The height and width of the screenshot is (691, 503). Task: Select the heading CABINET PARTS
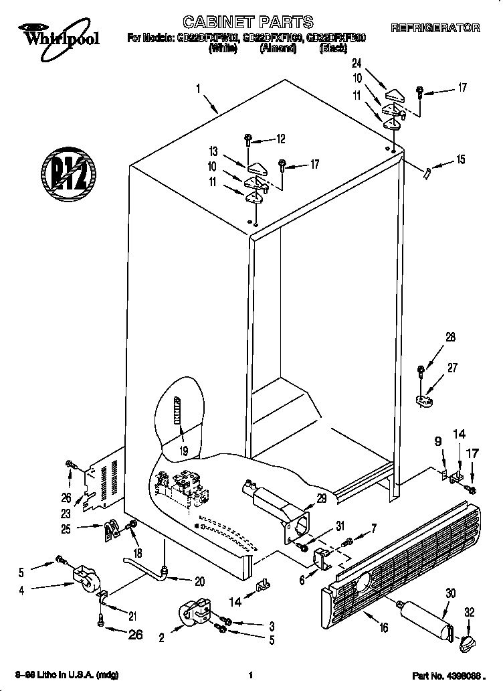[x=238, y=22]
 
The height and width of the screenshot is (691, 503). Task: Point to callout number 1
[x=199, y=88]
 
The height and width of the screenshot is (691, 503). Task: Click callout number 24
[x=357, y=64]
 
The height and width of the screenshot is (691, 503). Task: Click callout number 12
[x=280, y=139]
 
